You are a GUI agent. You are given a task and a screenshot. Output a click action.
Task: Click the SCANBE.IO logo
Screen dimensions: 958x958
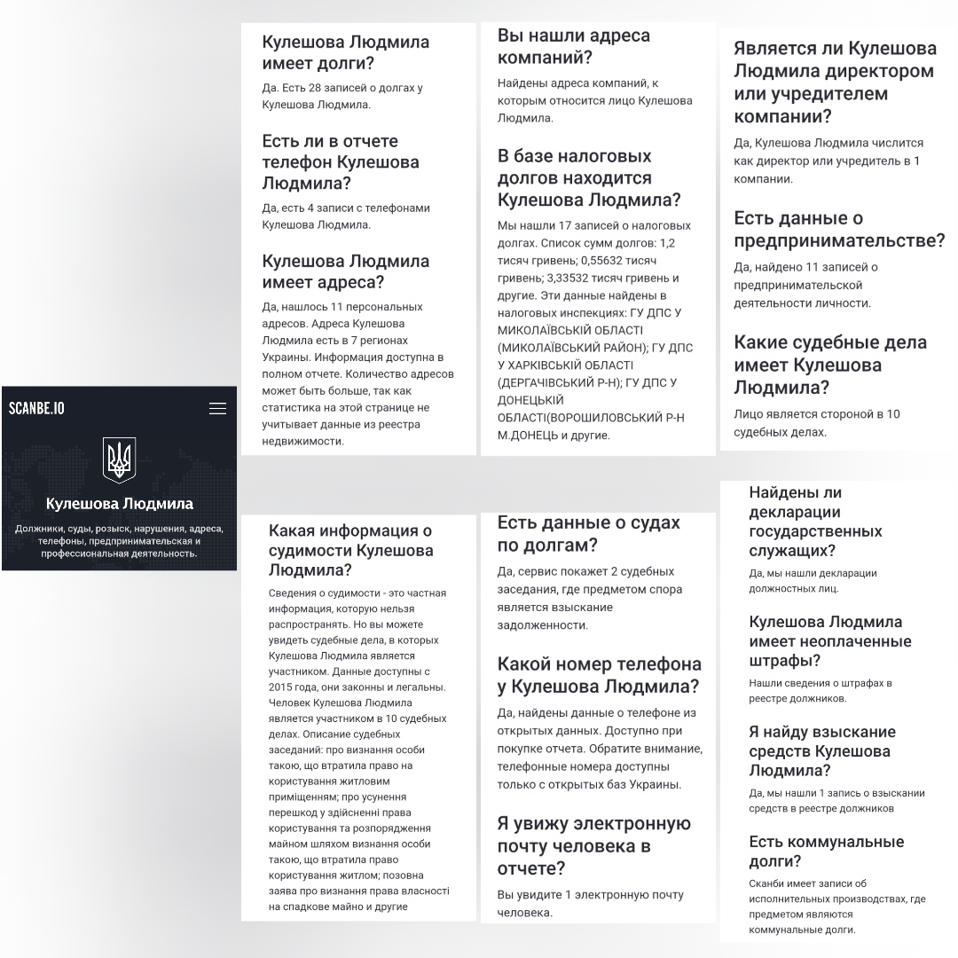pyautogui.click(x=36, y=408)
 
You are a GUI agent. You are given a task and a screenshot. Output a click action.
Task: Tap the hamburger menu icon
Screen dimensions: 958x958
pyautogui.click(x=217, y=408)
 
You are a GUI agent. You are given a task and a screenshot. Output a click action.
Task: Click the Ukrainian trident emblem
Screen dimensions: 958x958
pyautogui.click(x=119, y=459)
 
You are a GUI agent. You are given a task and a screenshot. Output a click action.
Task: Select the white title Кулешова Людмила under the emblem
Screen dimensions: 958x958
pyautogui.click(x=119, y=504)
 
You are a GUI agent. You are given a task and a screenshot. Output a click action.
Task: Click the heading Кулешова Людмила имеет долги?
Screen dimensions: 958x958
pyautogui.click(x=345, y=52)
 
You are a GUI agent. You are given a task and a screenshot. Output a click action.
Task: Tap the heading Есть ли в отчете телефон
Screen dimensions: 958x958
pyautogui.click(x=341, y=162)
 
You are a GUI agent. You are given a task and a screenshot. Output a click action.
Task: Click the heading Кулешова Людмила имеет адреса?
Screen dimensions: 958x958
pyautogui.click(x=345, y=271)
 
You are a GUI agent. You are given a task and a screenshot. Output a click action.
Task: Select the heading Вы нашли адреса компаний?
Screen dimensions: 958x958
pyautogui.click(x=573, y=47)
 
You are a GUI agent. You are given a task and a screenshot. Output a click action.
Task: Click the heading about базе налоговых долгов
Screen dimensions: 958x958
pyautogui.click(x=589, y=177)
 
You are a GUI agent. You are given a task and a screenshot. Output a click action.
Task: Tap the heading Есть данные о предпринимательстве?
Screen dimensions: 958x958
pyautogui.click(x=838, y=230)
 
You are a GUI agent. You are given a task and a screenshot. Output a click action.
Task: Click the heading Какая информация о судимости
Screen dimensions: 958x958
pyautogui.click(x=351, y=550)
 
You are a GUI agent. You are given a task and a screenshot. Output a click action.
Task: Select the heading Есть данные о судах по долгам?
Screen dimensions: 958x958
pyautogui.click(x=588, y=533)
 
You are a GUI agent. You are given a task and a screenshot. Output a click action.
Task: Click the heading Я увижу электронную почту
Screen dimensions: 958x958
pyautogui.click(x=593, y=845)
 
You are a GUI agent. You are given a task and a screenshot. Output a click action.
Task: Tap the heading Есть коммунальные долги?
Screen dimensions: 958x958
pyautogui.click(x=813, y=851)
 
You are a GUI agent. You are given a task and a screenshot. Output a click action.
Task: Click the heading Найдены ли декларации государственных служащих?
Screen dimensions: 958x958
pyautogui.click(x=815, y=522)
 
